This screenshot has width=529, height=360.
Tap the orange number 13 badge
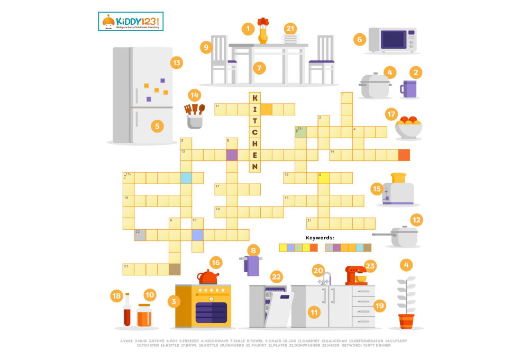click(176, 63)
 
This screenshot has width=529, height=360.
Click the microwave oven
click(393, 40)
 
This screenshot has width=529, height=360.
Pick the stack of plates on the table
click(290, 39)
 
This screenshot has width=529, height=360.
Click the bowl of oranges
click(408, 127)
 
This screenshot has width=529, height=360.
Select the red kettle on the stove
click(208, 277)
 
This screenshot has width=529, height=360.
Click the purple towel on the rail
click(253, 265)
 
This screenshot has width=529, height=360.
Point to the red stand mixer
click(355, 275)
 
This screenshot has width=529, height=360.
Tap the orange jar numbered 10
click(144, 315)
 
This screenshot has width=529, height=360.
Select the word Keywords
click(320, 238)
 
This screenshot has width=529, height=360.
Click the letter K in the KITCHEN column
click(254, 98)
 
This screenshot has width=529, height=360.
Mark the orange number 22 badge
click(276, 277)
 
